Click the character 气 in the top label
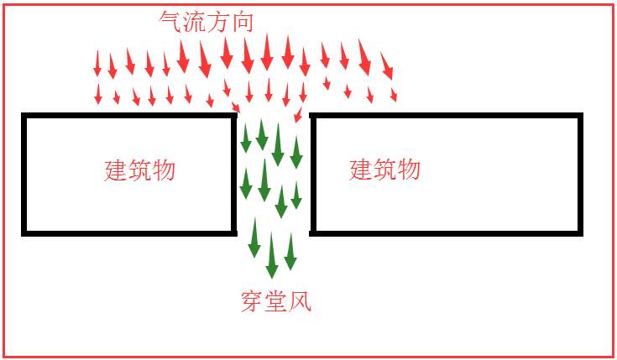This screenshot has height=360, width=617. point(170,21)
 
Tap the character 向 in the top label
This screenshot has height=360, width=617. point(243,21)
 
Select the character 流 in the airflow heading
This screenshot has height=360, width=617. point(195,21)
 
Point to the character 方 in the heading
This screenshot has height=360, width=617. point(218,21)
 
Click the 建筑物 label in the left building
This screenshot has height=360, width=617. point(139,170)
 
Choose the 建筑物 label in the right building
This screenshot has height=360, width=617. point(384,170)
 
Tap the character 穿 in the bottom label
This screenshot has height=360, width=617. point(252,301)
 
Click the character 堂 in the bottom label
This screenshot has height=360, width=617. point(276,301)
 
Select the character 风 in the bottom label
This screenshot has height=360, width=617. point(300,301)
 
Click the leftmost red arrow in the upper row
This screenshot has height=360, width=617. point(97,63)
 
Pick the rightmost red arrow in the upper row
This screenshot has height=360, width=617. point(387,66)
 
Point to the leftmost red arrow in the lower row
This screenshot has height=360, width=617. point(98,94)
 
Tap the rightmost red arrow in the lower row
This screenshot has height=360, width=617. point(394,95)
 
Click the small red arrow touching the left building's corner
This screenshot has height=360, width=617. point(235,107)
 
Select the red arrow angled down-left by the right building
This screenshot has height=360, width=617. point(299,114)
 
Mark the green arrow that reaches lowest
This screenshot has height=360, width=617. point(271,256)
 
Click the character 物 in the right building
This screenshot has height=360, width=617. point(410,170)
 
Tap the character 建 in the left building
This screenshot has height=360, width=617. point(115,170)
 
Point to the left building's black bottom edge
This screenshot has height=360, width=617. point(129,233)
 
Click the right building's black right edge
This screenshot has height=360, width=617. point(580,175)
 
